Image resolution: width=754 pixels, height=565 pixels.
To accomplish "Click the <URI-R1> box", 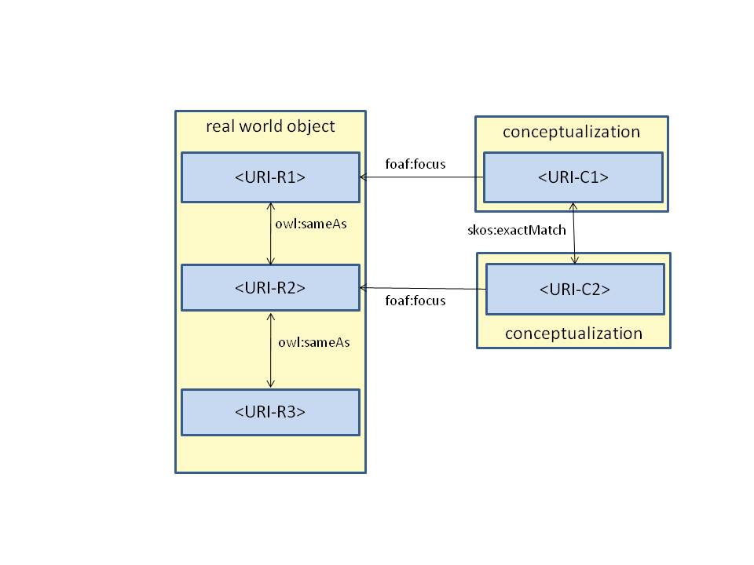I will (x=270, y=177).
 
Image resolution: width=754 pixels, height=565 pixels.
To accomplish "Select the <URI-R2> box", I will (x=270, y=287).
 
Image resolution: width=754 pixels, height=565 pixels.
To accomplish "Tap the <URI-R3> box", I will (x=270, y=412).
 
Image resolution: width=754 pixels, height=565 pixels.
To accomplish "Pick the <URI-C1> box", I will (x=573, y=177).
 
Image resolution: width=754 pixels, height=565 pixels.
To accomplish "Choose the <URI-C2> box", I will (x=575, y=289).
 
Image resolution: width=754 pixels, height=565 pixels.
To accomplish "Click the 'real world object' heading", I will (x=270, y=126).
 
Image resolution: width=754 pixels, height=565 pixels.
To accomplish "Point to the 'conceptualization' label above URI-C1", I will (x=572, y=131).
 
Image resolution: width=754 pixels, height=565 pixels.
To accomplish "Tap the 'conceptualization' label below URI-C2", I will (x=573, y=334).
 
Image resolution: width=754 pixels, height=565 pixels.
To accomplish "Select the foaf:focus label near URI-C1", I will (x=415, y=164).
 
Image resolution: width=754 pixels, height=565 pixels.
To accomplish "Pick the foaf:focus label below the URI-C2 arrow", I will (x=415, y=301).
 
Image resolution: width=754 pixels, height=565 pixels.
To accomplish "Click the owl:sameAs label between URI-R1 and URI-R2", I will (x=311, y=224).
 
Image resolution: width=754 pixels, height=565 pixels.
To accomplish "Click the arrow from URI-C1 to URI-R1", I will (x=424, y=177).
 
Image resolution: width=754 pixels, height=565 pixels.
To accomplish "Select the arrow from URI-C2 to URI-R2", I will (x=424, y=289).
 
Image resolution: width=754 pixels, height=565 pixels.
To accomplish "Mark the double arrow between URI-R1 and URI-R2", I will (x=271, y=233).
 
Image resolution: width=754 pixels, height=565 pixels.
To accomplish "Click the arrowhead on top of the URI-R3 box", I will (x=271, y=384).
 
